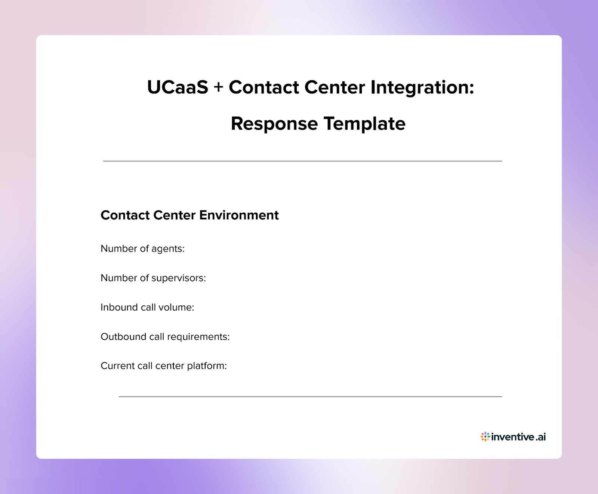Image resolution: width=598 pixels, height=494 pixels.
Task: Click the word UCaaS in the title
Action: pos(178,87)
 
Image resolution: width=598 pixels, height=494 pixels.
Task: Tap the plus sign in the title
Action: pos(218,87)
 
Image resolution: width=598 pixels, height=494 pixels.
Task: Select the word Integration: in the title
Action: pos(422,87)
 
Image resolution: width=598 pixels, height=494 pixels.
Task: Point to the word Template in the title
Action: pos(364,124)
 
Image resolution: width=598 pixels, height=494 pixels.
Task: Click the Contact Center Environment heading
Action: pos(189,215)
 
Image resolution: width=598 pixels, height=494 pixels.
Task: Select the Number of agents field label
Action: pos(142,248)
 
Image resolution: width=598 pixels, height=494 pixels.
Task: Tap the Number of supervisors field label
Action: pos(153,278)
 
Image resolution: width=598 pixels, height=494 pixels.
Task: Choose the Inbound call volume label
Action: pos(147,307)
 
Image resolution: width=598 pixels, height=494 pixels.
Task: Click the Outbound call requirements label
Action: pos(165,337)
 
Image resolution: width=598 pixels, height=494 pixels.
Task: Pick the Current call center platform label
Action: pos(163,366)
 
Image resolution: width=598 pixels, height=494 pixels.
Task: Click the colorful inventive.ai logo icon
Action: pos(485,436)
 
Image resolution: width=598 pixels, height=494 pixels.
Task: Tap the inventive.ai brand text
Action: pos(518,437)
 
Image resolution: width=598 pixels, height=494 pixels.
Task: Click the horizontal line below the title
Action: pos(302,161)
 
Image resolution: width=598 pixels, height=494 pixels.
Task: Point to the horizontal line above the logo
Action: pos(310,396)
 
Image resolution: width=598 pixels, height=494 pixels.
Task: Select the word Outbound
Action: pos(123,337)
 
